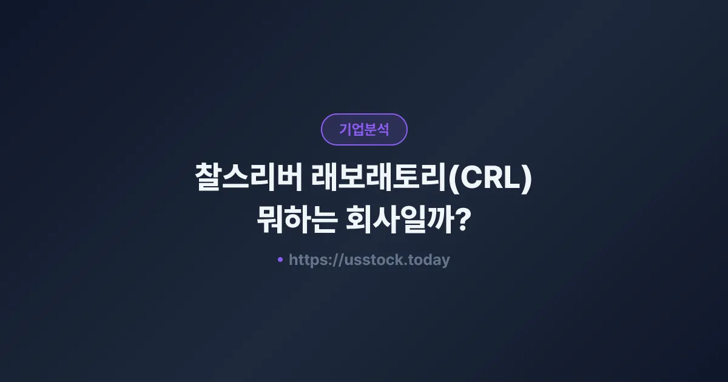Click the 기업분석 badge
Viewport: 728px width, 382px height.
coord(364,129)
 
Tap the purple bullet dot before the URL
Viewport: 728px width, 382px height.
coord(280,260)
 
